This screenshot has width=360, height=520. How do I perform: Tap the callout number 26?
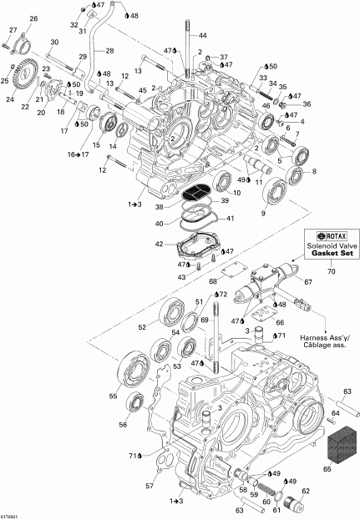pos(33,18)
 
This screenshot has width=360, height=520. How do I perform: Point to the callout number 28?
pos(109,51)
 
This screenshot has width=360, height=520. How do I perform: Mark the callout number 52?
pos(142,326)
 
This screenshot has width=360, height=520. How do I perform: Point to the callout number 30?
pos(54,42)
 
